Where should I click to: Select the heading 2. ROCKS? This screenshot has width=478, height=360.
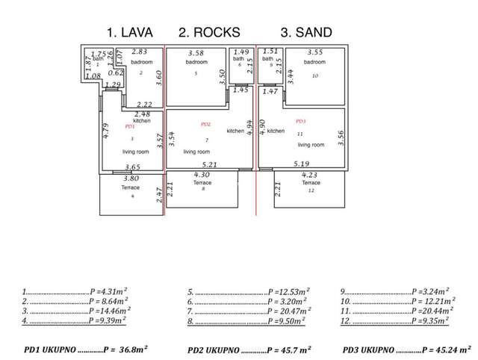[211, 32]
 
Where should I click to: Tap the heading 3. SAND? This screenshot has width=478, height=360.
[306, 32]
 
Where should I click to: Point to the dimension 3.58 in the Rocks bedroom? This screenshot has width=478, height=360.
[196, 53]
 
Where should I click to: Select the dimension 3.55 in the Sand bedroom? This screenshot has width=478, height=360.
[314, 53]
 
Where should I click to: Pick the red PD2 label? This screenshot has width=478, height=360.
[206, 124]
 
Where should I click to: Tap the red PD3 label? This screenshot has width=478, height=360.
[301, 121]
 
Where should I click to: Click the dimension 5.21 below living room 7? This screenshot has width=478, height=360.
[210, 164]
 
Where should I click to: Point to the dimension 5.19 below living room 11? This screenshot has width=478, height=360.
[302, 164]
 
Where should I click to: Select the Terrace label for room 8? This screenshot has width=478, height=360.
[202, 182]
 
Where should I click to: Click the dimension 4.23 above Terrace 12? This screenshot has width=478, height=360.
[311, 175]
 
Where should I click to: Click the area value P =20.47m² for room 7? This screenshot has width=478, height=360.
[284, 310]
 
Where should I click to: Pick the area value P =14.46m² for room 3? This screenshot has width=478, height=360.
[109, 310]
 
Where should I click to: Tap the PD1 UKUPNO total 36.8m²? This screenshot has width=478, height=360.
[128, 349]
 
